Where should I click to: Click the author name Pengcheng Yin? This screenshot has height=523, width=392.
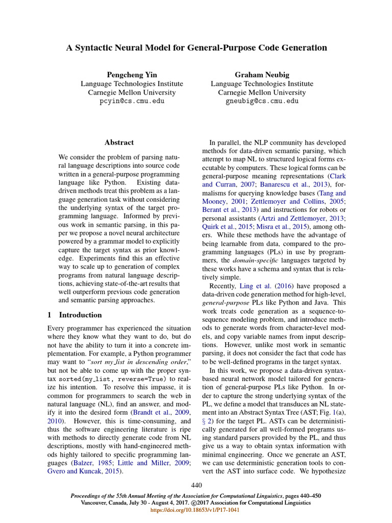click(x=132, y=75)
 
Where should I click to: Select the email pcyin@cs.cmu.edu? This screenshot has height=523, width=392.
click(x=132, y=101)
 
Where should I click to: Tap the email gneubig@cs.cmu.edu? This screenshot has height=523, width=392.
click(x=262, y=101)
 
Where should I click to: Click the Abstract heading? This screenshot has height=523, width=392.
click(x=119, y=142)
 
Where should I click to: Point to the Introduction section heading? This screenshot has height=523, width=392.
click(x=80, y=315)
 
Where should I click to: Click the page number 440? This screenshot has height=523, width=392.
click(x=197, y=485)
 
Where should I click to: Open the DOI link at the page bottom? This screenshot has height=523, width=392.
click(x=197, y=509)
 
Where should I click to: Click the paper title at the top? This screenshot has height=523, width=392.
click(x=197, y=48)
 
